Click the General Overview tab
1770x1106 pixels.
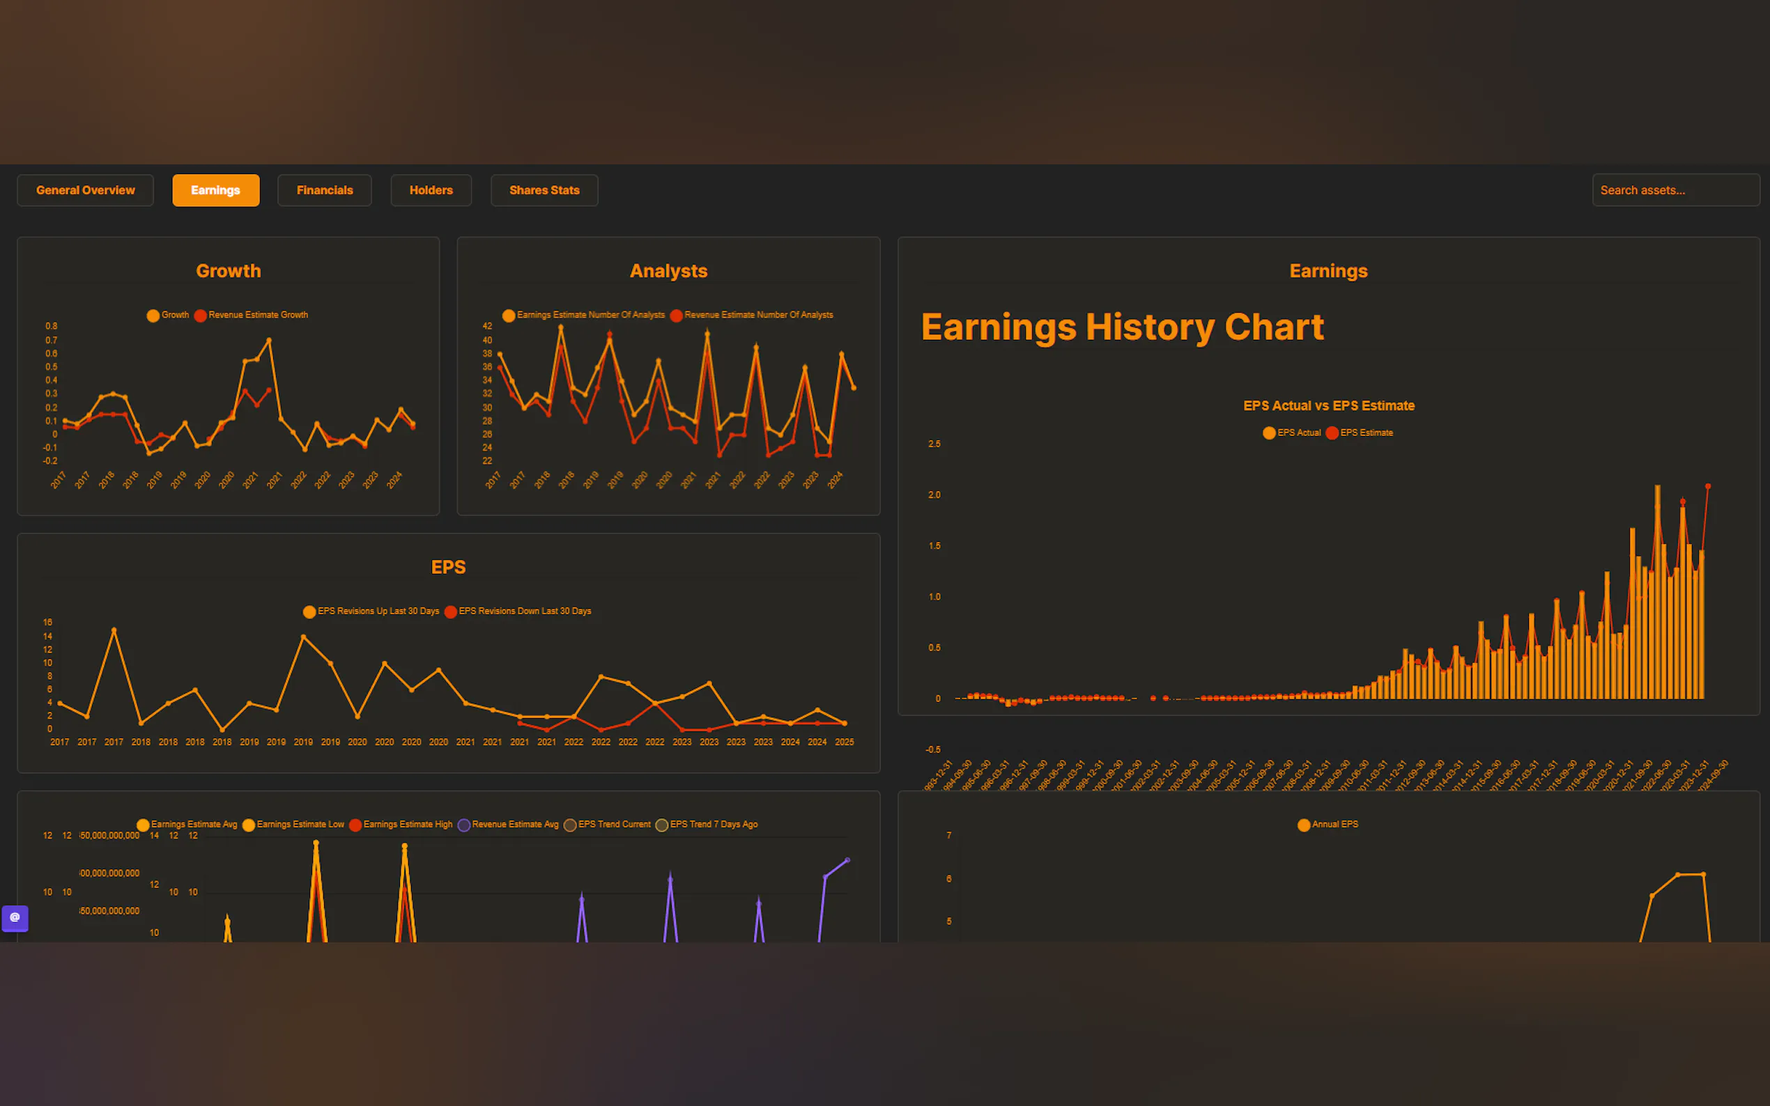[86, 190]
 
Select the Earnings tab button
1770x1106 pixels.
[216, 190]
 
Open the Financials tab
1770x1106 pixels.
[324, 190]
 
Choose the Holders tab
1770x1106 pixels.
[431, 190]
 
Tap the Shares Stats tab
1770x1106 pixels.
[544, 190]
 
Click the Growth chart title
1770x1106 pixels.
[229, 272]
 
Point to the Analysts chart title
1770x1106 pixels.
[668, 272]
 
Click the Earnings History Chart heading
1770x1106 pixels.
[1122, 327]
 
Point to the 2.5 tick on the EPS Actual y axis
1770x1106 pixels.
[934, 444]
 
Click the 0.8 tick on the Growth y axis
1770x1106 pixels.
[52, 326]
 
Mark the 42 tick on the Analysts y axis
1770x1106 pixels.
[487, 326]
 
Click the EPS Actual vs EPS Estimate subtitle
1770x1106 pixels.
[1329, 406]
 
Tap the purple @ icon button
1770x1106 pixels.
[15, 918]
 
